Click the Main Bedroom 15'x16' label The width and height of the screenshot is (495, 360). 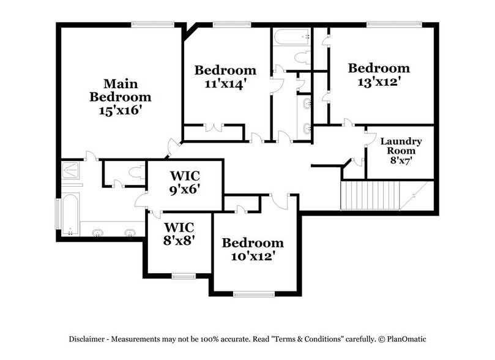120,97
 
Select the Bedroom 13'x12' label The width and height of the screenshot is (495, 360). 378,75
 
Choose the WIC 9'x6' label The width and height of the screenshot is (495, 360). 185,182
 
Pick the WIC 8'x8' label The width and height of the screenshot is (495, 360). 179,234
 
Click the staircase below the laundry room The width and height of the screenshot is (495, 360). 370,195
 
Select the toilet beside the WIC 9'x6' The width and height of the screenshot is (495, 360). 136,173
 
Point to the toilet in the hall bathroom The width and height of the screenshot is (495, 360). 302,58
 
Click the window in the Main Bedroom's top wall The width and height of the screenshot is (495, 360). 149,24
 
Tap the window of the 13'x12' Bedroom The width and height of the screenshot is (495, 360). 394,24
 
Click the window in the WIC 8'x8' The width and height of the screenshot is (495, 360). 181,275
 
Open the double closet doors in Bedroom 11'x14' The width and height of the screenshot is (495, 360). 214,127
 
